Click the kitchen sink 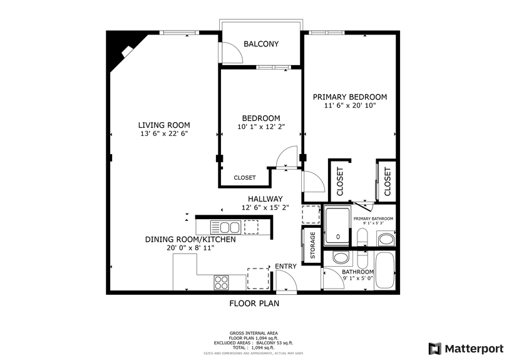coord(225,227)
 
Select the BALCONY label coord(261,44)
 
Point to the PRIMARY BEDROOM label coord(350,97)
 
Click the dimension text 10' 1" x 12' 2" coord(261,127)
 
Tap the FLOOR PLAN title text coord(254,304)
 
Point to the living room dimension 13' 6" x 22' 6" coord(164,133)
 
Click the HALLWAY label coord(265,199)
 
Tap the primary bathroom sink coord(386,239)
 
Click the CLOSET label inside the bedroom coord(245,178)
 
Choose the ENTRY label coord(286,267)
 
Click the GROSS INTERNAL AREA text coord(254,333)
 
